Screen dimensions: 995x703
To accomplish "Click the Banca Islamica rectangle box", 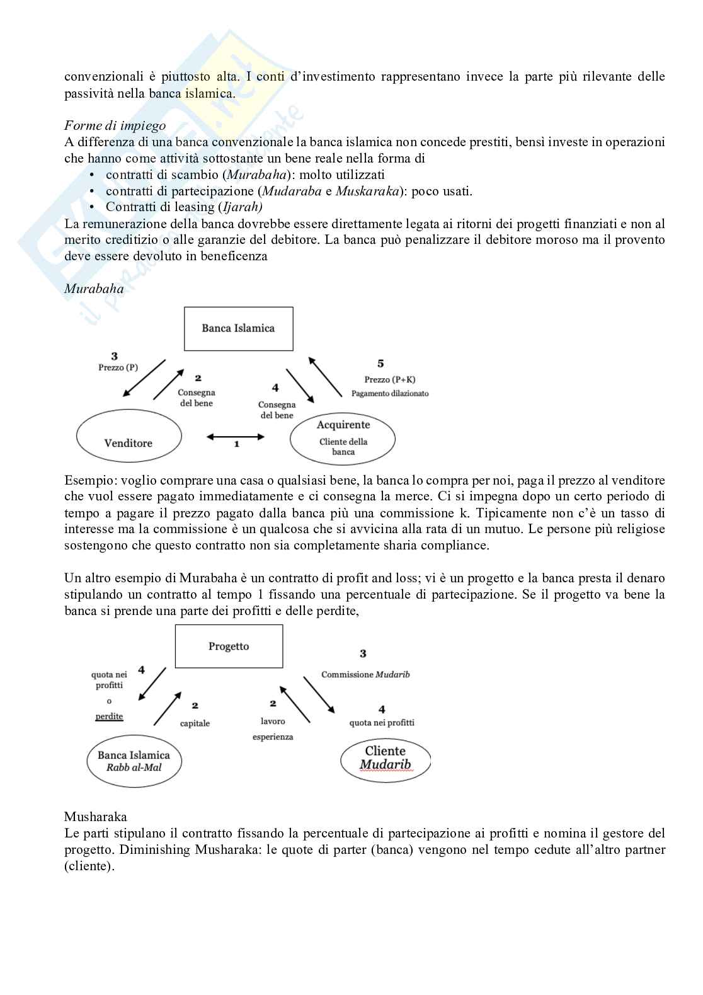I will (x=238, y=328).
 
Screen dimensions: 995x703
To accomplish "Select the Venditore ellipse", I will (x=129, y=435).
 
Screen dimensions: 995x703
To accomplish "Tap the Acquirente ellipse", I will (x=343, y=439).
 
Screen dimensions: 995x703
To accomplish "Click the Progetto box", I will (x=229, y=647).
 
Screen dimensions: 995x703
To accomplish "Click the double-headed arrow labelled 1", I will (x=236, y=436).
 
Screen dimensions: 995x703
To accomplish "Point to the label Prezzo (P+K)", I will (x=389, y=379).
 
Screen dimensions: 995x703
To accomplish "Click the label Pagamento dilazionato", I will (x=390, y=393).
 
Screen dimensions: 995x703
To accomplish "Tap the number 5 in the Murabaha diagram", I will (x=380, y=364).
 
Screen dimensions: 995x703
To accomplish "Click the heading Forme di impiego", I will (x=115, y=125).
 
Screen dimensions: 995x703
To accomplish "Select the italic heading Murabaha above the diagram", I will (x=94, y=289).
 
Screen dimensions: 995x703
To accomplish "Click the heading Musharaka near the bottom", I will (x=96, y=817).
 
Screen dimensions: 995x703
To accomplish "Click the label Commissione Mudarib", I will (x=365, y=674).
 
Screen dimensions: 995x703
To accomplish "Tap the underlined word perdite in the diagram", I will (x=109, y=716).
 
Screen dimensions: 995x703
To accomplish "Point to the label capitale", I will (x=195, y=723).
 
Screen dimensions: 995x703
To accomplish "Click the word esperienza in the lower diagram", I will (x=273, y=736).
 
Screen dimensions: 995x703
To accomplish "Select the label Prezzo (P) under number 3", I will (x=118, y=367).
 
